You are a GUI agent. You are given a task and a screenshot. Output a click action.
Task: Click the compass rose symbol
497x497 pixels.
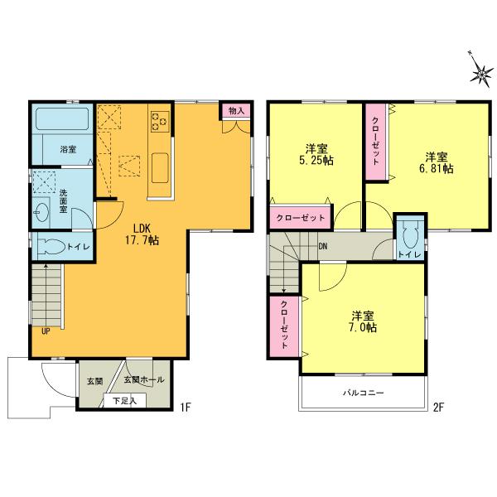480,72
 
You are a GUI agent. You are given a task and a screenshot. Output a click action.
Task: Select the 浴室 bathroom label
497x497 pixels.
68,150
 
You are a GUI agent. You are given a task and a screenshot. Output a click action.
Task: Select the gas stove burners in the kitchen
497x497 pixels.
160,123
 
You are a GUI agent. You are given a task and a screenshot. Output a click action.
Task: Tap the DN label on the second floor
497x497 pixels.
322,246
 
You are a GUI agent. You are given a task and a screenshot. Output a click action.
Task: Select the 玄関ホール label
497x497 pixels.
144,380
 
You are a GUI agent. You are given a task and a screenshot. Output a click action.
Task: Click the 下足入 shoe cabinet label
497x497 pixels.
125,401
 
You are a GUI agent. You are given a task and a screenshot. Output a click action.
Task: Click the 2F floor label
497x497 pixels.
438,408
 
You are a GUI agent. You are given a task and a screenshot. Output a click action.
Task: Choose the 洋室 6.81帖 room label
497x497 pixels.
437,162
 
